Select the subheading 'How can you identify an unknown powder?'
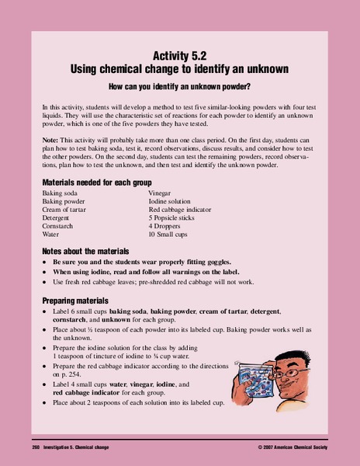180,86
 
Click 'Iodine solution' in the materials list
174,200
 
